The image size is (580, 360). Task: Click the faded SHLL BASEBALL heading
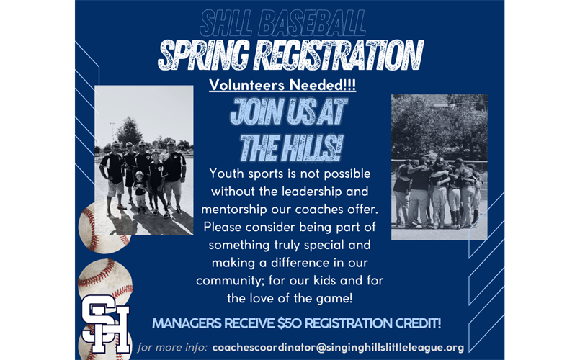tap(282, 22)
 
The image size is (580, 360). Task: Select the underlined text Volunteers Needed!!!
tap(282, 85)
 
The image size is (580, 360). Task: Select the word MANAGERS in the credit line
tap(187, 323)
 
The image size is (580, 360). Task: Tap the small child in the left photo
tap(140, 193)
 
